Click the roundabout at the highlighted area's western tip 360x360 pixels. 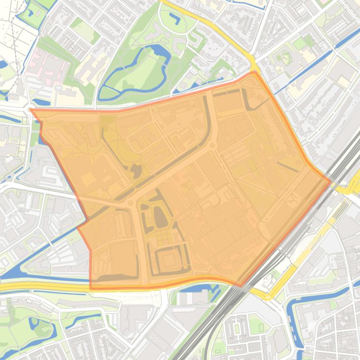click(x=31, y=110)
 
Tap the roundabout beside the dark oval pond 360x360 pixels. click(x=130, y=203)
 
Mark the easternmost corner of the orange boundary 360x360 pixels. click(x=331, y=181)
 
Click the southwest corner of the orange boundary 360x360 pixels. click(x=90, y=288)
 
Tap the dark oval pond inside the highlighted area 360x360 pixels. click(x=161, y=217)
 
